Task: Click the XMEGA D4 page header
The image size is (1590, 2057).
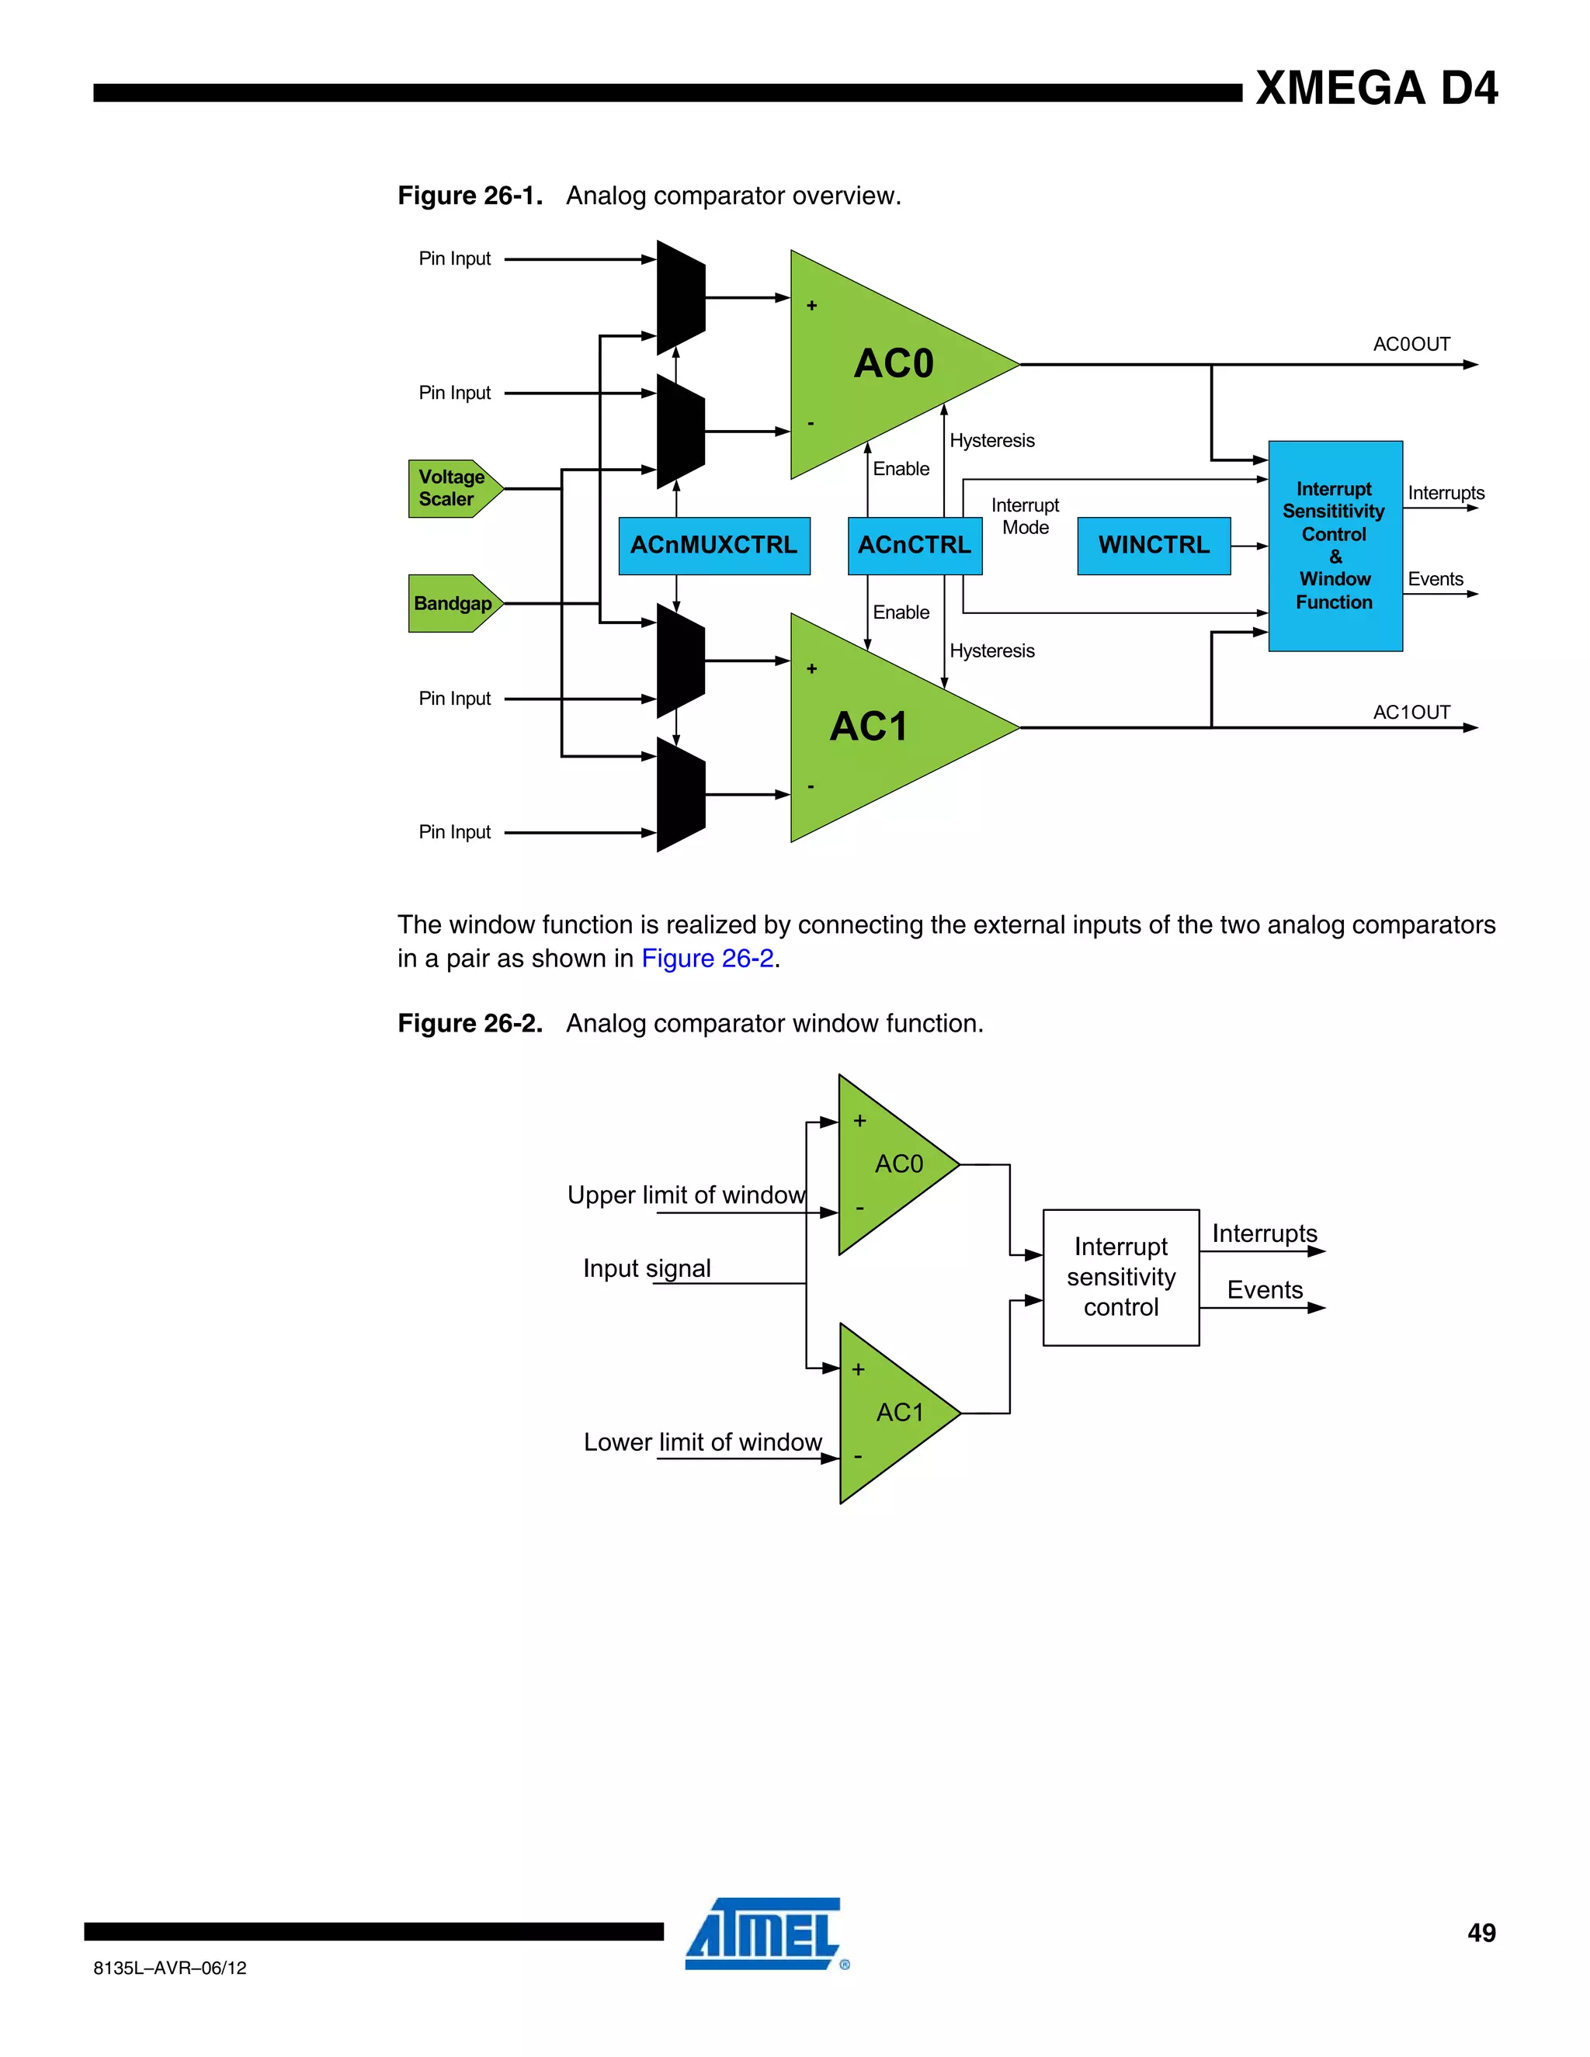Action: click(1376, 88)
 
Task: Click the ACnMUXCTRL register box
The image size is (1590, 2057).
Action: click(714, 546)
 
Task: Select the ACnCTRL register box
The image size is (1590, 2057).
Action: click(914, 546)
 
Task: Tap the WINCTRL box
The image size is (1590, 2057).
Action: click(1153, 546)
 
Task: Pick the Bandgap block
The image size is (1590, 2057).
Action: click(452, 604)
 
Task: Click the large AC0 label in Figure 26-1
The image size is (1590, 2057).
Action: click(893, 363)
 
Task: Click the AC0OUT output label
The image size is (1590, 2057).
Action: click(1411, 345)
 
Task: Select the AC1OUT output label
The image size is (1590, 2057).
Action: click(1411, 713)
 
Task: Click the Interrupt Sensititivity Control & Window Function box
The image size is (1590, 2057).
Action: click(1335, 546)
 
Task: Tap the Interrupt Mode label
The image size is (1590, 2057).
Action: click(1025, 516)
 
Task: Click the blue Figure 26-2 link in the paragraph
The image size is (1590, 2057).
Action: click(707, 959)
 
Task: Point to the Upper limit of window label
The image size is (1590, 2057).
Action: click(686, 1195)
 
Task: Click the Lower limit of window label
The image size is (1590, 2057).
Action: click(703, 1442)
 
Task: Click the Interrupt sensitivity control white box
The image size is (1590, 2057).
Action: click(1121, 1277)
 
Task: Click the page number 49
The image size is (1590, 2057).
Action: click(1481, 1933)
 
